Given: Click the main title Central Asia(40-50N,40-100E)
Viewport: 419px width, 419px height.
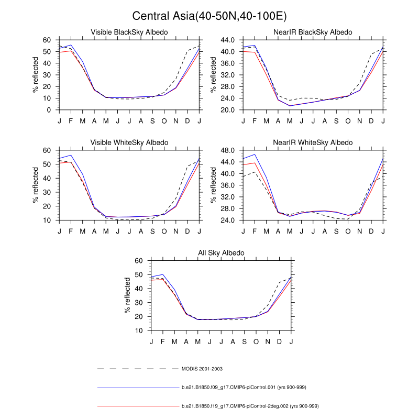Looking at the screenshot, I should [x=210, y=16].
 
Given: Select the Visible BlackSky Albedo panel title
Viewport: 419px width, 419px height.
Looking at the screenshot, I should [x=129, y=32].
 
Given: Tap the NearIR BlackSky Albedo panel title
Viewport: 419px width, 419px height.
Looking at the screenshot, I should [x=313, y=32].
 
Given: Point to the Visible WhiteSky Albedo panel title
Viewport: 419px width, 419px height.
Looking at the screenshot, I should [x=129, y=142].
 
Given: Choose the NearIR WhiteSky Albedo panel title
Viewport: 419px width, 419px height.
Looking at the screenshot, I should [x=313, y=142].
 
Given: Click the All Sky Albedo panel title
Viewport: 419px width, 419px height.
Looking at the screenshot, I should [x=221, y=253].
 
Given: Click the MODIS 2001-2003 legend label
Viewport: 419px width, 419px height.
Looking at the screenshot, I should [x=202, y=369].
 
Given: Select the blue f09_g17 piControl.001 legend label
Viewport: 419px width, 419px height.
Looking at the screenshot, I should [x=244, y=387].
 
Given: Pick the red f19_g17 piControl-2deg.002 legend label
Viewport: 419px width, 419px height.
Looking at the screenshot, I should [x=250, y=406].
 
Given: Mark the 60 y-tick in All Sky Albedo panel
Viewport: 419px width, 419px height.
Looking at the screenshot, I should [x=139, y=260].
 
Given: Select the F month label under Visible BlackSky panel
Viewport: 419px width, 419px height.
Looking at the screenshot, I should [x=71, y=120].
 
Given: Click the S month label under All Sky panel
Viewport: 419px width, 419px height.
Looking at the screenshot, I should [x=244, y=341].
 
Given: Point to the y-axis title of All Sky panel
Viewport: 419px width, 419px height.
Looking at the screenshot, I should [x=128, y=295].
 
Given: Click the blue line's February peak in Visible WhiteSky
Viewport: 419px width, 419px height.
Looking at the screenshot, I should [x=71, y=155].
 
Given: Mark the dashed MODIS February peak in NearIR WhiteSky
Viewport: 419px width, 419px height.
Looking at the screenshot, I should [x=255, y=172].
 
